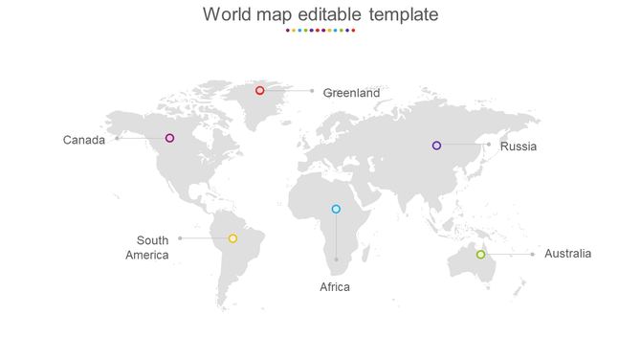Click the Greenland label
point(351,93)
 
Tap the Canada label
point(84,140)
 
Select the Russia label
point(519,146)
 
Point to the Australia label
point(567,254)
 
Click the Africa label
point(335,286)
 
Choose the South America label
point(148,248)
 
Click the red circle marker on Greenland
point(259,90)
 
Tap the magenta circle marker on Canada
point(169,138)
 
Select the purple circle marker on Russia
point(436,146)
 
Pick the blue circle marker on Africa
point(336,209)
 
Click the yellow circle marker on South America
point(232,238)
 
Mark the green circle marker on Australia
point(480,255)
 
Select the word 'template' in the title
point(404,14)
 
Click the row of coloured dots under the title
point(320,31)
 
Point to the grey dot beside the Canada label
point(117,138)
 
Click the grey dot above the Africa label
point(336,259)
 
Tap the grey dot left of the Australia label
point(532,255)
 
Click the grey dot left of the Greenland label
point(312,91)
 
